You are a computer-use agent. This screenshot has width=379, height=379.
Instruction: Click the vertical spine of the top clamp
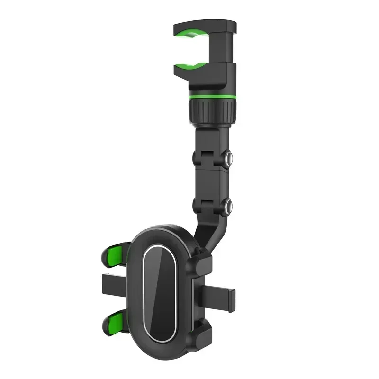click(x=225, y=47)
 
